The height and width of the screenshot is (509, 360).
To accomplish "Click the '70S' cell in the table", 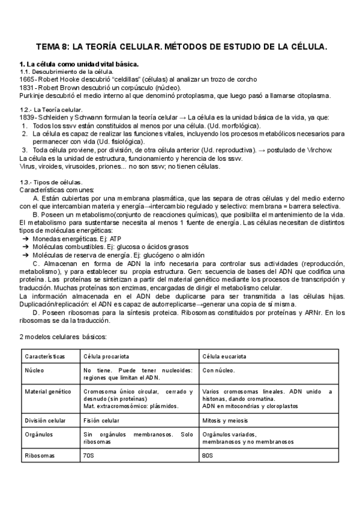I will click(89, 456).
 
